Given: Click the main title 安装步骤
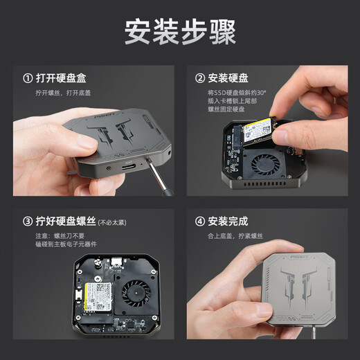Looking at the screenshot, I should (180, 32).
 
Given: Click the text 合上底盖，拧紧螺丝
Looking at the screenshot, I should (235, 237).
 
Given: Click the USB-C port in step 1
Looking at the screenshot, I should (129, 167).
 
